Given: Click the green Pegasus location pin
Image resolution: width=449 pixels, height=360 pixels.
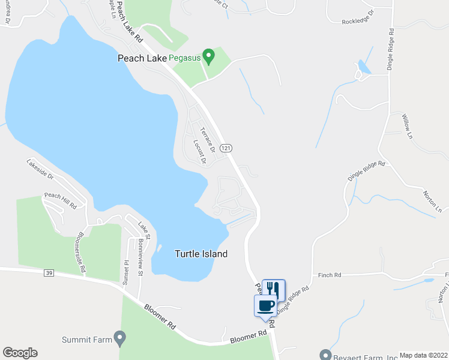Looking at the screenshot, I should point(208,56).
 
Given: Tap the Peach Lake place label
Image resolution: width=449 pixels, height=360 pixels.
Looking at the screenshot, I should point(140,58).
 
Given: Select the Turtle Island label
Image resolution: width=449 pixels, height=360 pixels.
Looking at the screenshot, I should point(201,254).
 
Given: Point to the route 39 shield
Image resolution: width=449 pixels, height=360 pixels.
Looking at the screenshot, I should point(49,274).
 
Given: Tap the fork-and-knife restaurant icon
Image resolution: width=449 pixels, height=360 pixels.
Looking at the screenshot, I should point(274,289).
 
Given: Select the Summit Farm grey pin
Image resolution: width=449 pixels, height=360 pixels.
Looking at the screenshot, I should point(120,339).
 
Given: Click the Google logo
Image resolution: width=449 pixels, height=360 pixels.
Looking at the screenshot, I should point(20,353).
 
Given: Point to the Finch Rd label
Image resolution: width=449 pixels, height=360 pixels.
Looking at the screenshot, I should point(330,275).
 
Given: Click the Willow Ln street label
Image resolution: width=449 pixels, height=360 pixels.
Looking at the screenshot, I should point(408,127).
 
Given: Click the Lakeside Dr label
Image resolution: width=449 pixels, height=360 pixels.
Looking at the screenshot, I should point(40,170).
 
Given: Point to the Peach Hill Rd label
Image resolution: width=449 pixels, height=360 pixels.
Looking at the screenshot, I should point(61,200).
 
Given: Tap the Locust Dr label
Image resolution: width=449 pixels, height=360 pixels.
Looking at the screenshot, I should point(200,152).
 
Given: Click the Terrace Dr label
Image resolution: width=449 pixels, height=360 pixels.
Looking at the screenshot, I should point(208,139).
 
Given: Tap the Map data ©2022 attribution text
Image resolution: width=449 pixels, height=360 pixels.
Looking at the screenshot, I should point(423,355).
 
